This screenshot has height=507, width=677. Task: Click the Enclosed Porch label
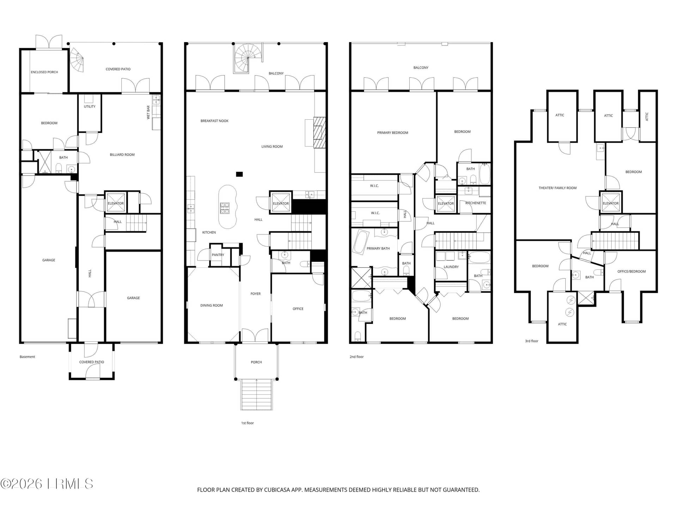(x=44, y=72)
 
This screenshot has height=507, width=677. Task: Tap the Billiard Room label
(x=122, y=155)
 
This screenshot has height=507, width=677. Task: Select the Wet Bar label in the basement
(x=148, y=112)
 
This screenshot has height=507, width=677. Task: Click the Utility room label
(x=90, y=106)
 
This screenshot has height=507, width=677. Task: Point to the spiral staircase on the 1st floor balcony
(x=248, y=58)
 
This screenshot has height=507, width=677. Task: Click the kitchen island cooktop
(x=225, y=208)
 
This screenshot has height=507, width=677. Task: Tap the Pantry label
(x=218, y=255)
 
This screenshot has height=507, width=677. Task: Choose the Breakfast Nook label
(x=214, y=121)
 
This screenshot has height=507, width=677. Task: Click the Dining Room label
(x=212, y=306)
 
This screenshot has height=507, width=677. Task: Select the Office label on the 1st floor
(x=298, y=309)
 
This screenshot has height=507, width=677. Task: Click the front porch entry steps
(x=257, y=394)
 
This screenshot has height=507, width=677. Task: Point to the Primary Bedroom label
(x=392, y=133)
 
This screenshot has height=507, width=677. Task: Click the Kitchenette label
(x=476, y=203)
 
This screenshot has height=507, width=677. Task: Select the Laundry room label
(x=451, y=267)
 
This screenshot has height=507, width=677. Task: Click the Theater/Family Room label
(x=557, y=188)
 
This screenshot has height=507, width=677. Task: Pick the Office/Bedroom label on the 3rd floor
(x=632, y=271)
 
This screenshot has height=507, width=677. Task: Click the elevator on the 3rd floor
(x=611, y=202)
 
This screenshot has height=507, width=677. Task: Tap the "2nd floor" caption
(x=356, y=357)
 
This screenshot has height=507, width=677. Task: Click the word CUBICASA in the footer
(x=279, y=490)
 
